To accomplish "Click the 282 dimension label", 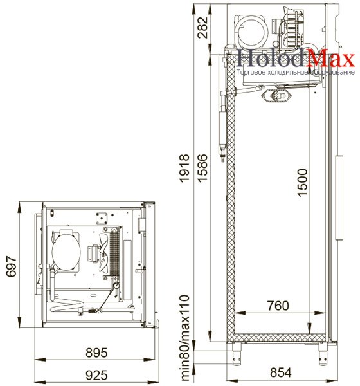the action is tap(203, 27).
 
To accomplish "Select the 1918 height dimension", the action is tap(184, 169).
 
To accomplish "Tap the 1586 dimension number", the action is tap(203, 169).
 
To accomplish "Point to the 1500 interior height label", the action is tap(302, 183).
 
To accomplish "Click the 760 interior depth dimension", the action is tap(278, 306).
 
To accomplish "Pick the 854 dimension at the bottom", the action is tap(281, 372).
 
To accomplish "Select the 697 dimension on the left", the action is tap(12, 266).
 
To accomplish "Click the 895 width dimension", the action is tap(96, 353).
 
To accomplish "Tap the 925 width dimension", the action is tap(96, 375).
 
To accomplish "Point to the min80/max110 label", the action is tap(184, 337).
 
